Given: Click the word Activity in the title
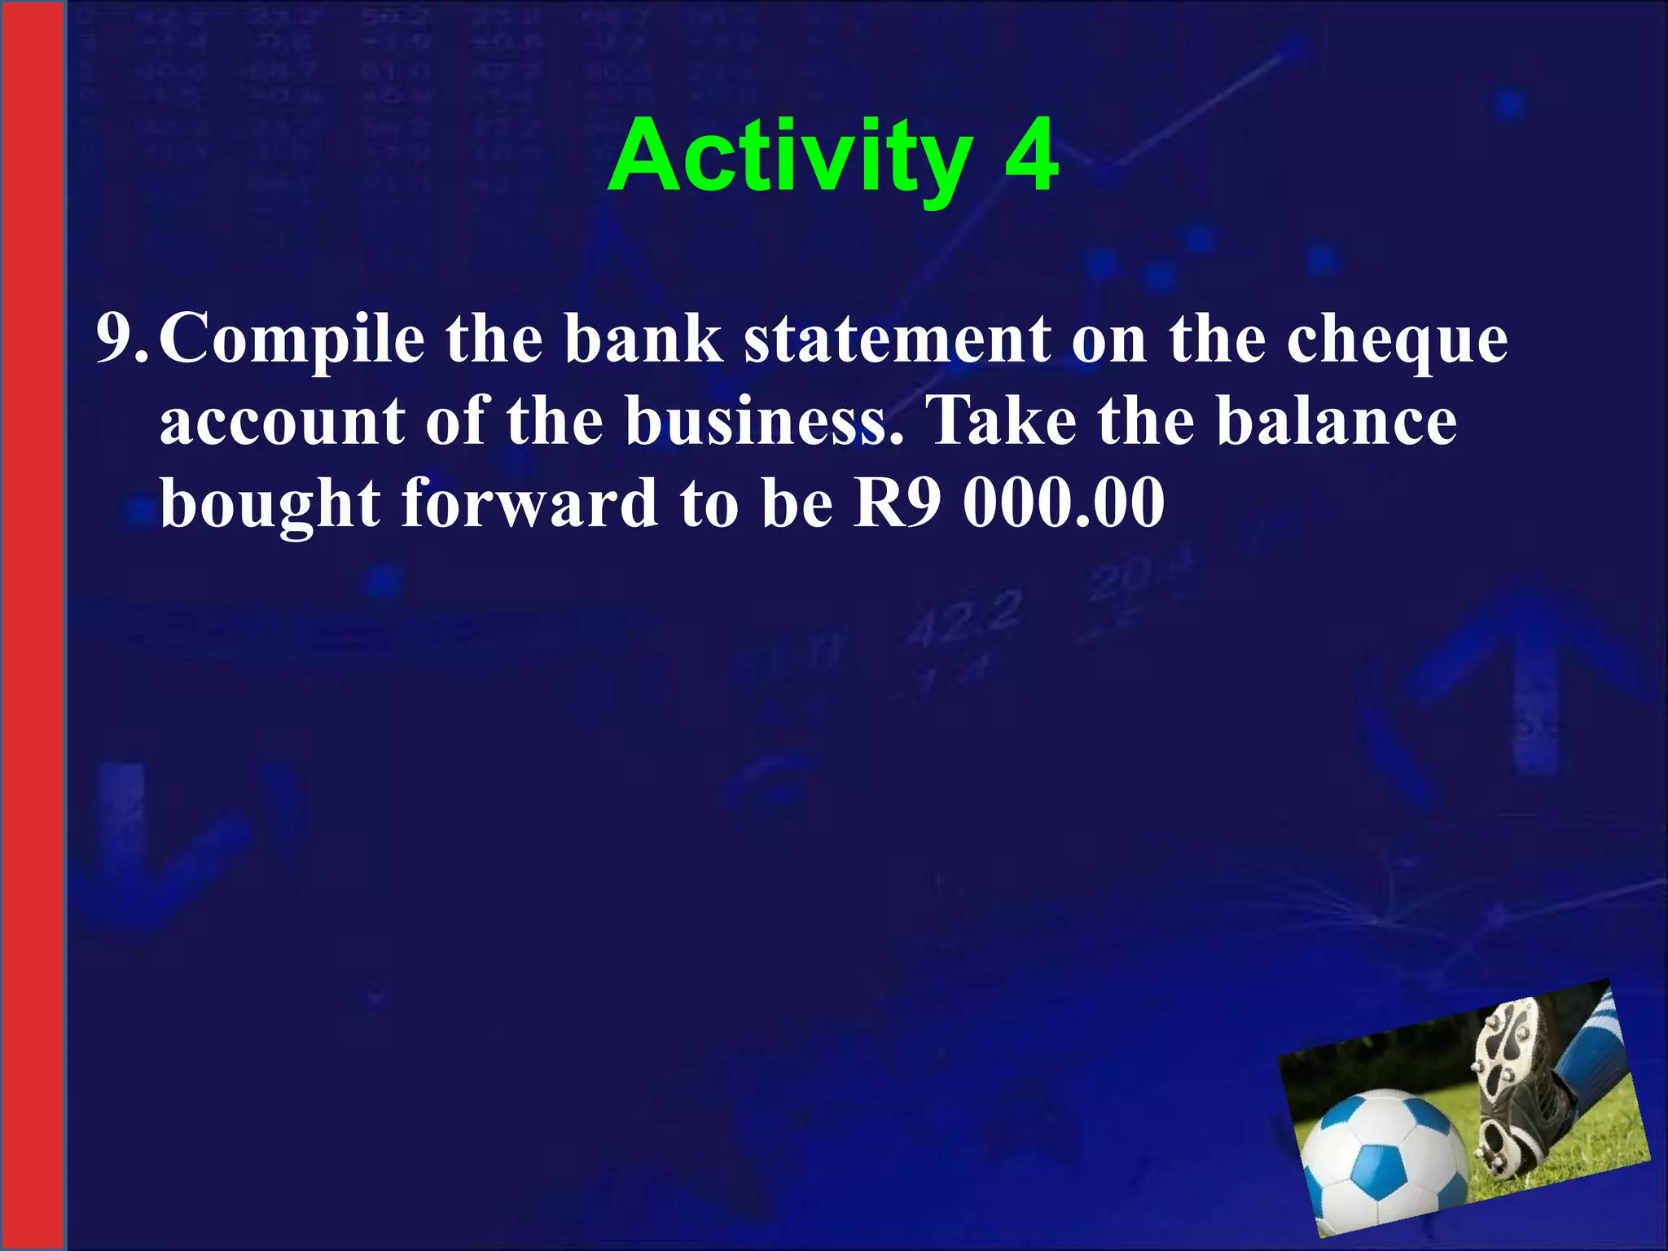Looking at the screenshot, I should [790, 156].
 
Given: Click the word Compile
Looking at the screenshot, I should [292, 340].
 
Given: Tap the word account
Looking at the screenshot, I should [282, 422].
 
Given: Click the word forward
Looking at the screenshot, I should [529, 503].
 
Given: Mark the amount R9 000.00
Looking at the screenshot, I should [1008, 503].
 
